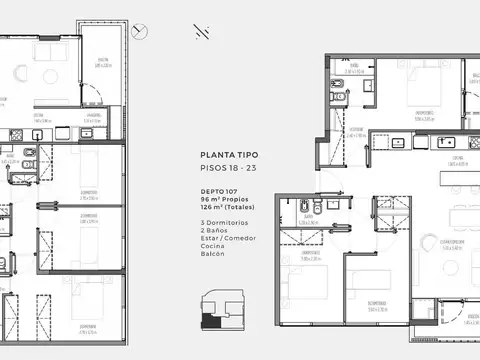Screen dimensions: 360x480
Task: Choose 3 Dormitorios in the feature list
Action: click(x=222, y=221)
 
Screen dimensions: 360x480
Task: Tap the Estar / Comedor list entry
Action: click(x=225, y=239)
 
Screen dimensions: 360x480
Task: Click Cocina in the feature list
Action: click(x=211, y=248)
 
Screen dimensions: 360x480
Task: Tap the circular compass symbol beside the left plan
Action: click(x=147, y=30)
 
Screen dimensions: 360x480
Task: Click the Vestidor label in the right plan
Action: click(x=356, y=129)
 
